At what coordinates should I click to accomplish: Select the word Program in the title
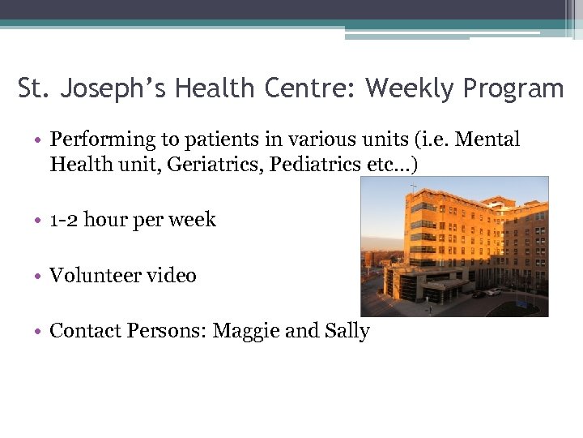[513, 88]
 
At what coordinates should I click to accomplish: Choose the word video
[169, 276]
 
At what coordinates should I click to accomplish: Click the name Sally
[347, 332]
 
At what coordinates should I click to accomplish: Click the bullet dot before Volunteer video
[40, 277]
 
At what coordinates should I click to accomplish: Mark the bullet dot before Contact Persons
[40, 332]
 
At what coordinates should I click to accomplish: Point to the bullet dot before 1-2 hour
[40, 221]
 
